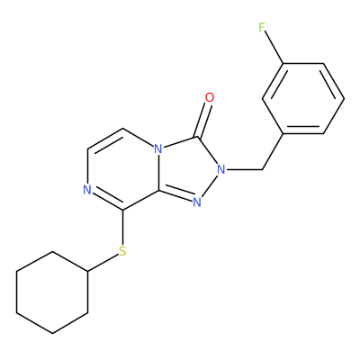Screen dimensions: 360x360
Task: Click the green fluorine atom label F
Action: click(x=262, y=28)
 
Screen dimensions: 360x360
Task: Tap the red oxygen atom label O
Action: click(x=210, y=97)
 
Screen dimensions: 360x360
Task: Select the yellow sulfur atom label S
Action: click(x=122, y=251)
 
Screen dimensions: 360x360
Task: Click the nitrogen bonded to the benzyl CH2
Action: click(x=221, y=170)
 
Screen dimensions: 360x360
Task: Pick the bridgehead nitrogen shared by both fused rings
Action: click(x=158, y=149)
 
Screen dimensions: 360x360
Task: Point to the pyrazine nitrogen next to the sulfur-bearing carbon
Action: click(x=87, y=190)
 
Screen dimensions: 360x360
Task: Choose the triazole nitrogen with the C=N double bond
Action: click(x=197, y=202)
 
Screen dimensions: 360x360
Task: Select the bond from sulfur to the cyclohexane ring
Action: click(x=103, y=264)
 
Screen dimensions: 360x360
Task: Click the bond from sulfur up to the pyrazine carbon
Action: click(x=122, y=228)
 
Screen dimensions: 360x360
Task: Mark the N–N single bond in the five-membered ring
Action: click(x=210, y=185)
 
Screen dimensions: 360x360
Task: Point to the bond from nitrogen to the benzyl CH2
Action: click(x=244, y=170)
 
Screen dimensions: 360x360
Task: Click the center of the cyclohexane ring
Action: click(x=52, y=292)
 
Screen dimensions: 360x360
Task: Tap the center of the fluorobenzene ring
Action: click(x=303, y=98)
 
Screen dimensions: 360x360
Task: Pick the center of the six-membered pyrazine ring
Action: click(x=122, y=169)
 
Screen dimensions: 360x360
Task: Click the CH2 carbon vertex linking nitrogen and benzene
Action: click(x=263, y=170)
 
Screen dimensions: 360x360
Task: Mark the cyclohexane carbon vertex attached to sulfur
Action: click(x=87, y=272)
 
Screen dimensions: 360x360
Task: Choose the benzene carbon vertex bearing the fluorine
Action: click(x=283, y=63)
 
